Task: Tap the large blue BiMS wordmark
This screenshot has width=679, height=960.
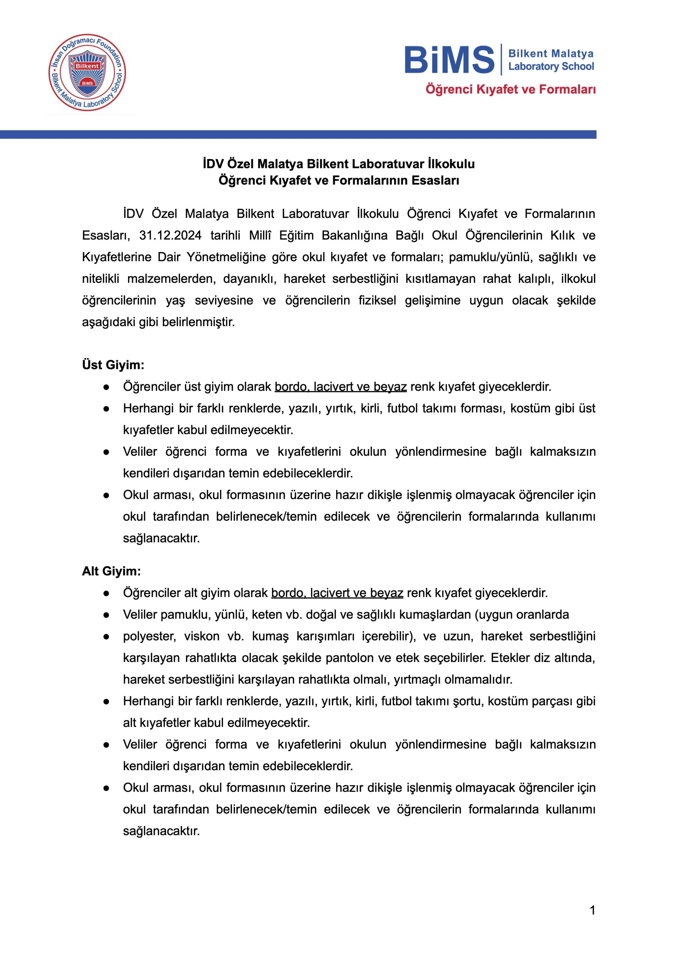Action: pyautogui.click(x=449, y=60)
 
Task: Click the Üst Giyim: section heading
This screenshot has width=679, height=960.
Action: pyautogui.click(x=113, y=365)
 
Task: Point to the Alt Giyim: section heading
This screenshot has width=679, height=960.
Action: pyautogui.click(x=111, y=571)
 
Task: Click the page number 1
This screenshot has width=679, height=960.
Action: pyautogui.click(x=592, y=910)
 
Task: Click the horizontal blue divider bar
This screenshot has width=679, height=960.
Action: pyautogui.click(x=298, y=134)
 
